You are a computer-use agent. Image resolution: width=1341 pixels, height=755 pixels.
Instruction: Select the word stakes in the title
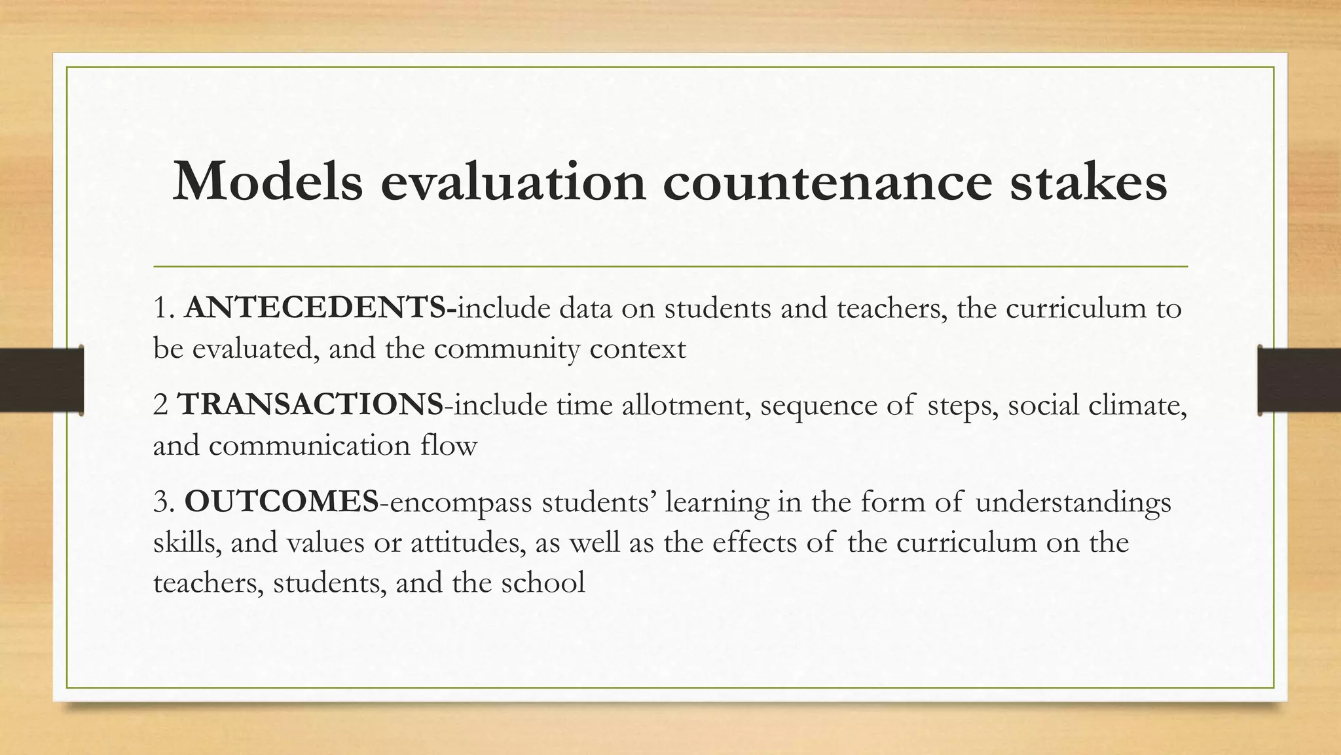1088,182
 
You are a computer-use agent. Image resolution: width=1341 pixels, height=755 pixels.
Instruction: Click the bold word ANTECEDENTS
316,308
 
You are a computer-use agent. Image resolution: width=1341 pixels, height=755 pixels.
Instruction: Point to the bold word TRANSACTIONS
310,404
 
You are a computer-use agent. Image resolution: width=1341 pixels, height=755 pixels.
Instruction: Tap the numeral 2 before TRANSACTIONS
160,405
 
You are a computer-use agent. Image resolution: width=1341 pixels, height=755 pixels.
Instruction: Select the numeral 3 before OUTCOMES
161,502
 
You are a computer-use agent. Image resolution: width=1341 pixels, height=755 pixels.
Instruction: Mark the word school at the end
543,582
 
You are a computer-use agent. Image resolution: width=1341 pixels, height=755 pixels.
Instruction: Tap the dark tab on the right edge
1299,380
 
